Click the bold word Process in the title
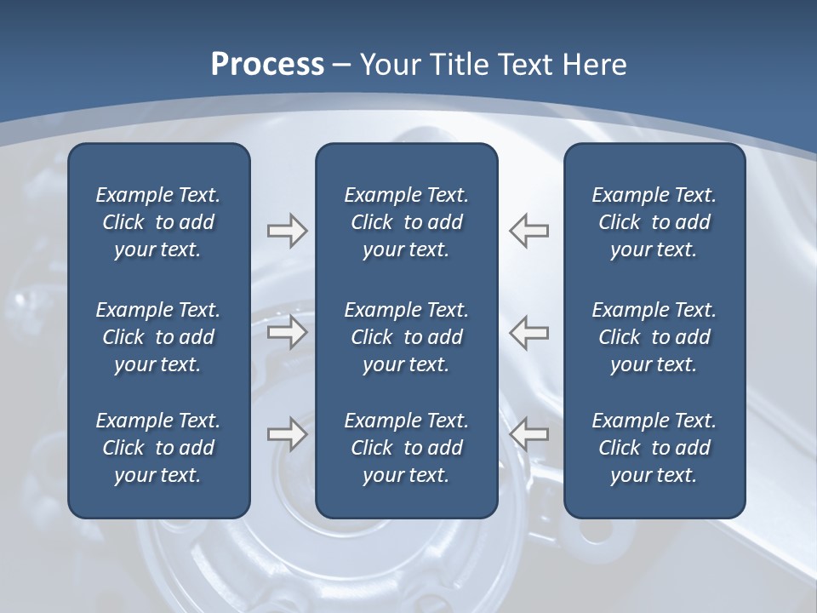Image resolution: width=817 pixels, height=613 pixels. click(267, 65)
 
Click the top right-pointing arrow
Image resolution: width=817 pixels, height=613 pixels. click(287, 231)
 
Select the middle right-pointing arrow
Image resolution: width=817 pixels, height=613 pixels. click(287, 333)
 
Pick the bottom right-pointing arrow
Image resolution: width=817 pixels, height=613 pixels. click(287, 434)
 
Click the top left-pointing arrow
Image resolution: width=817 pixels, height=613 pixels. click(529, 231)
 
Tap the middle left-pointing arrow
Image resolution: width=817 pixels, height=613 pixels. click(529, 333)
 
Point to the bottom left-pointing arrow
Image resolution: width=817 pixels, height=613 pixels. click(529, 434)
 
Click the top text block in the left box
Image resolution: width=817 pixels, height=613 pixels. click(158, 222)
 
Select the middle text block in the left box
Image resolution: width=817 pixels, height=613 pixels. click(158, 337)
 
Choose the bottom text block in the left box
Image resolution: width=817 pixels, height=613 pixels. click(158, 448)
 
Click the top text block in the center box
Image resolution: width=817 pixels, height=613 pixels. click(406, 222)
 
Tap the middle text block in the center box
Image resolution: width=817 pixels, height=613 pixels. click(406, 337)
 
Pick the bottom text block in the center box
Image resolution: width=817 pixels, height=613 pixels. click(406, 448)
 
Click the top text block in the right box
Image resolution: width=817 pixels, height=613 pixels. click(654, 222)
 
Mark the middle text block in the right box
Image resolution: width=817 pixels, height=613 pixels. click(654, 337)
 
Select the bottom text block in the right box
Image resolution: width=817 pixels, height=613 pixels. click(654, 448)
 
